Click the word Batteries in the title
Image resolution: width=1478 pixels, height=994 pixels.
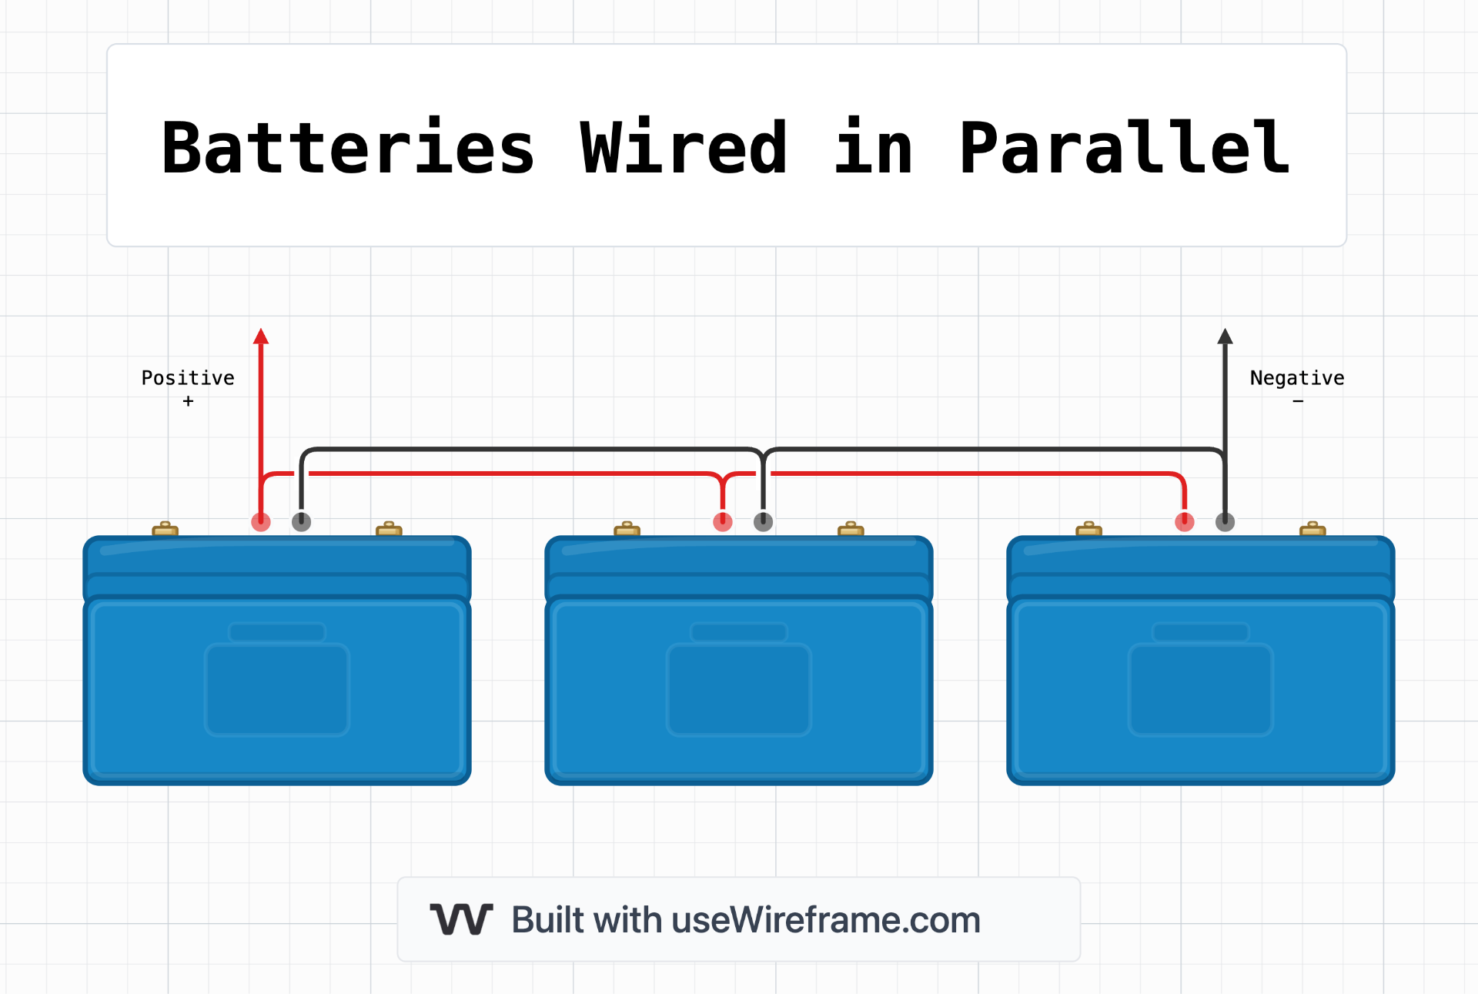coord(348,147)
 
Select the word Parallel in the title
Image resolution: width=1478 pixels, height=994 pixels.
coord(1125,147)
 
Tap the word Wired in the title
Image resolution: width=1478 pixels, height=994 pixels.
coord(684,147)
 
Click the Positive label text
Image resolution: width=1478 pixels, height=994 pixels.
coord(188,378)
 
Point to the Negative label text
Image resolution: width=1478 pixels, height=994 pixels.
coord(1297,378)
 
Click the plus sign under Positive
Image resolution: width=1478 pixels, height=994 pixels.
coord(188,401)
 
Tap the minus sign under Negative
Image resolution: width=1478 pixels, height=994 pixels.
coord(1298,401)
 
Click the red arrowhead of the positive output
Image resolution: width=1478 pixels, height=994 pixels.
coord(261,336)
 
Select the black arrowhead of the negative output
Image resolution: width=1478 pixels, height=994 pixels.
coord(1225,336)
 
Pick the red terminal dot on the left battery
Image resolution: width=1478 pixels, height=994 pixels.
coord(261,522)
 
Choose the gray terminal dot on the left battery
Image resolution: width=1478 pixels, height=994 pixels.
coord(302,522)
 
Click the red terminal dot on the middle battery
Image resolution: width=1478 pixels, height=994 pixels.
coord(723,522)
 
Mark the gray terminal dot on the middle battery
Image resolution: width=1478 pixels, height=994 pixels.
coord(763,522)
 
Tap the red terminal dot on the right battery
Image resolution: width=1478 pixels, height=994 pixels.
coord(1185,522)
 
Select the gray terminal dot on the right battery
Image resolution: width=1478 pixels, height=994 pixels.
coord(1225,522)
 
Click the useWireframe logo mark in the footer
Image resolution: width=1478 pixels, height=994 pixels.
coord(461,919)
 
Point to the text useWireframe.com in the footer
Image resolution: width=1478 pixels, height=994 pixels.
coord(826,919)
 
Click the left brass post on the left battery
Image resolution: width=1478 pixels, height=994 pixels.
coord(166,529)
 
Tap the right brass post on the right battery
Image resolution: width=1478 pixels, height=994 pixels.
coord(1312,529)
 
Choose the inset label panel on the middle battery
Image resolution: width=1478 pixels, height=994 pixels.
coord(739,689)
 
